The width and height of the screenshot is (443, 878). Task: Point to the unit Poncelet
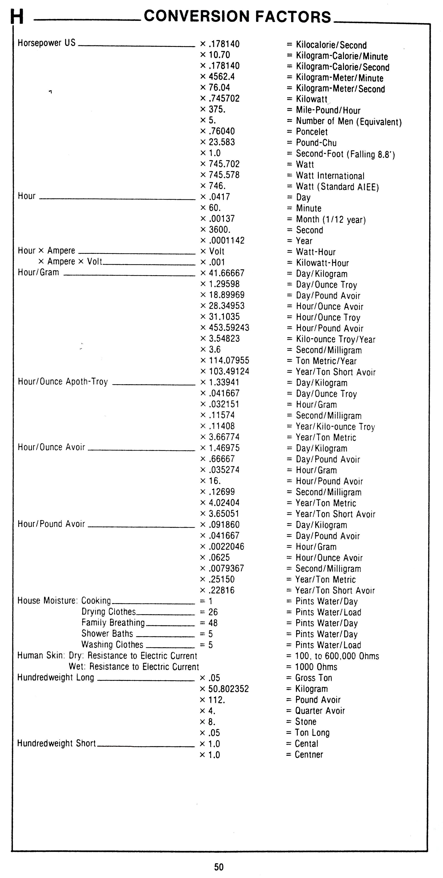pyautogui.click(x=311, y=132)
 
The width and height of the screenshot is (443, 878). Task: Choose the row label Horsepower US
pyautogui.click(x=46, y=43)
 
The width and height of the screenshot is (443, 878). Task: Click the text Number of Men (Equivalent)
pyautogui.click(x=349, y=121)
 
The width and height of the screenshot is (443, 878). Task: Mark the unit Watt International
pyautogui.click(x=330, y=176)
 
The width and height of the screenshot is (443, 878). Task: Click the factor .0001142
pyautogui.click(x=227, y=241)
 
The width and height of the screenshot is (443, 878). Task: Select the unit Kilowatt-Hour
pyautogui.click(x=322, y=263)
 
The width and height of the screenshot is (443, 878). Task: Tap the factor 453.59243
pyautogui.click(x=229, y=328)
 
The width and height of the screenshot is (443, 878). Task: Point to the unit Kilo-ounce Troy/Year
pyautogui.click(x=335, y=340)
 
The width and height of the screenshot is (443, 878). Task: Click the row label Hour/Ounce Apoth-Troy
pyautogui.click(x=63, y=382)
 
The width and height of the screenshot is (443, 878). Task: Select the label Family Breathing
pyautogui.click(x=113, y=623)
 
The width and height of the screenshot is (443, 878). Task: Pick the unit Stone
pyautogui.click(x=305, y=722)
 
